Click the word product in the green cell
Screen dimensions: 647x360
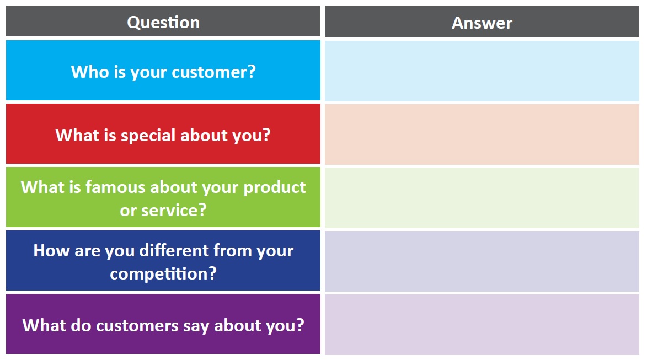pos(274,188)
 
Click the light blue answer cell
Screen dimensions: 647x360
pos(482,71)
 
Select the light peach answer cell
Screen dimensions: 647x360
pos(482,135)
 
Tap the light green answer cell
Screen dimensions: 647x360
pos(482,198)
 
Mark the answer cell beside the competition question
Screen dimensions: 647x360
pos(482,261)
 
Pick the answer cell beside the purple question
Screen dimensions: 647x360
pos(482,325)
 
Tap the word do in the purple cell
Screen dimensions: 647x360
pos(81,326)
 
